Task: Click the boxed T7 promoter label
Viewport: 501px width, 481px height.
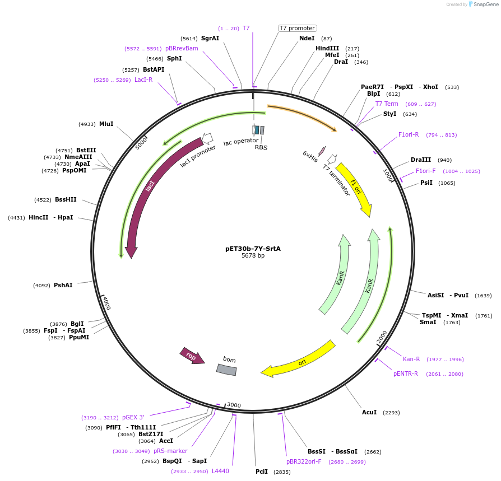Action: click(298, 28)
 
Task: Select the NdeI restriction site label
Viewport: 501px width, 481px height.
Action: click(307, 38)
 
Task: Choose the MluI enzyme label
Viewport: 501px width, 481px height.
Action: click(106, 124)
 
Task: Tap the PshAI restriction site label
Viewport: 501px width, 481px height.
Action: click(63, 285)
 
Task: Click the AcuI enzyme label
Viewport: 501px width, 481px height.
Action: click(369, 412)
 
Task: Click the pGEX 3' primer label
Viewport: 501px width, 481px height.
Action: click(133, 417)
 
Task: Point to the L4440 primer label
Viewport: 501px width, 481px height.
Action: click(220, 471)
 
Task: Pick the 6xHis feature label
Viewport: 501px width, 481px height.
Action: click(310, 156)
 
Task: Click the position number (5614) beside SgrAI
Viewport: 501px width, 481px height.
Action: click(189, 38)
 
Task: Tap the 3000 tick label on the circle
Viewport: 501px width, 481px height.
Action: click(234, 405)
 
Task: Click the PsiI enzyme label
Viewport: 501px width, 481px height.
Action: click(426, 183)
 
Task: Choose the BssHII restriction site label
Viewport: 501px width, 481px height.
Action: click(66, 199)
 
